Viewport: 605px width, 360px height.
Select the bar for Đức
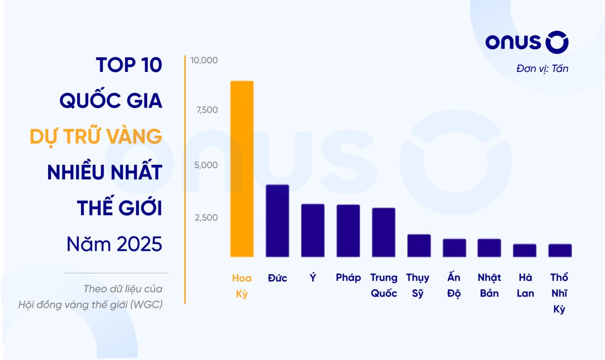(x=278, y=221)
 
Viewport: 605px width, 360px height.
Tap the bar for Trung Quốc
(x=384, y=232)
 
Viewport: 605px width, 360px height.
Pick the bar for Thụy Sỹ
(x=419, y=246)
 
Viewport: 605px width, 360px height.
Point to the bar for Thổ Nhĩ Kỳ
(x=560, y=250)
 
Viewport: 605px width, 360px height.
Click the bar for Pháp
(x=348, y=230)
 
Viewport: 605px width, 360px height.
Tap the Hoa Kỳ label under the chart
(x=242, y=286)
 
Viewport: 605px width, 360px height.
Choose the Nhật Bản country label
(x=489, y=286)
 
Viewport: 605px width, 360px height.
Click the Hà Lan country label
(x=525, y=286)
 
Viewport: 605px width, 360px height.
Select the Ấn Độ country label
(x=454, y=286)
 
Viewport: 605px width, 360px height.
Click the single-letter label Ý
(x=313, y=278)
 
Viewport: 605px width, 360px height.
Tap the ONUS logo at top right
(x=527, y=43)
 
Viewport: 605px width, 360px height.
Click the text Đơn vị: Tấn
(x=542, y=69)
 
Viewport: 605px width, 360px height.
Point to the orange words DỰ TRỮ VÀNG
(x=96, y=136)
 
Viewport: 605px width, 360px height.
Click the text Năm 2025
(x=114, y=245)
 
